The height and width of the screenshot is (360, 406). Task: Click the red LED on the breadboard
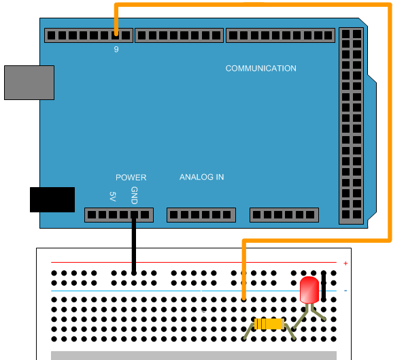309,290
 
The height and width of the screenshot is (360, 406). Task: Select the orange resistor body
269,324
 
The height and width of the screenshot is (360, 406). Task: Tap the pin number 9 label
116,49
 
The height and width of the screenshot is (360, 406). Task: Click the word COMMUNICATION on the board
260,69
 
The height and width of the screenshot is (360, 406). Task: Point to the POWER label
131,178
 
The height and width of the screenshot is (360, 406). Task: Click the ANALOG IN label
201,178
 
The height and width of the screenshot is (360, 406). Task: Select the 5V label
113,196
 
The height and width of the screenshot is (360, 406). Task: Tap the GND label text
134,195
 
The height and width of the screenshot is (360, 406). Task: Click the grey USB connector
29,82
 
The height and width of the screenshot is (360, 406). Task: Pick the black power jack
52,199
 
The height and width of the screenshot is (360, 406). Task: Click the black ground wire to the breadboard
133,245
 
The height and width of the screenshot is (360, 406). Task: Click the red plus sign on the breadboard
345,263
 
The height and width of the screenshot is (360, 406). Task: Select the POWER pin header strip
118,215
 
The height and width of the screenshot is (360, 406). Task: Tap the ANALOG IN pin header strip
201,215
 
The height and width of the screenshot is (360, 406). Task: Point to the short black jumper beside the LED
324,285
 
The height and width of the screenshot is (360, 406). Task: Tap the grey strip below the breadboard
194,355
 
